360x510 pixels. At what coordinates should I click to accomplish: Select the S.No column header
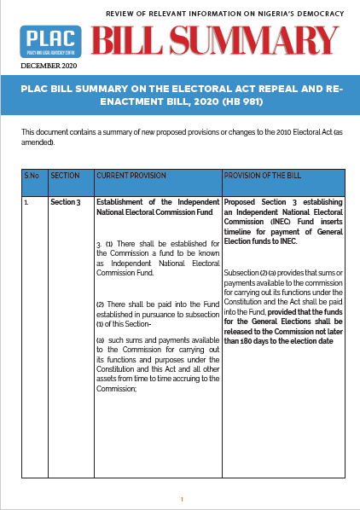[x=32, y=175]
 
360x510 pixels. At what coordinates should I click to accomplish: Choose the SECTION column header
[x=65, y=175]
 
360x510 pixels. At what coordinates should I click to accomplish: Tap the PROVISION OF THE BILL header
[x=262, y=175]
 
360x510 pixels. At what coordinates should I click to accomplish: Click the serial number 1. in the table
[x=28, y=203]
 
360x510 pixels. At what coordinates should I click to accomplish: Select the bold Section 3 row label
[x=66, y=203]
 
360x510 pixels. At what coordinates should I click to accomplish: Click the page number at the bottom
[x=182, y=499]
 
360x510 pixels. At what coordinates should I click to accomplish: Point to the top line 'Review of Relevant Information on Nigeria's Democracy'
[x=224, y=15]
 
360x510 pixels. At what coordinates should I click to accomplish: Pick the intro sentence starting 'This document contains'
[x=180, y=137]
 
